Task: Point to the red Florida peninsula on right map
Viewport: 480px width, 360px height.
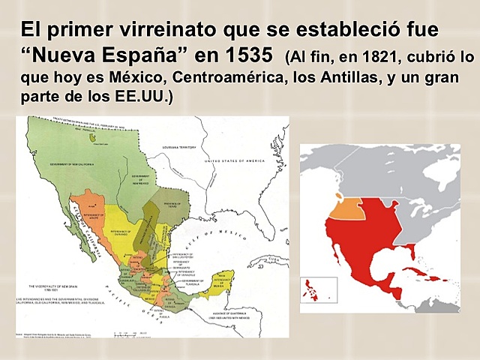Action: [x=412, y=251]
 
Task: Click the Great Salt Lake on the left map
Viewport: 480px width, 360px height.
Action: [x=93, y=138]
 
